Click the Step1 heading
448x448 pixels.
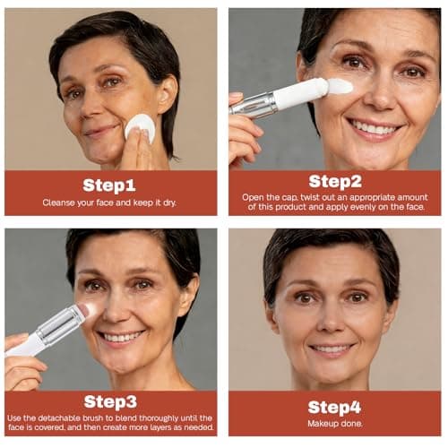click(x=109, y=185)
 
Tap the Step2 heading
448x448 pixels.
click(x=334, y=181)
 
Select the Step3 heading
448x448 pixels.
click(x=109, y=401)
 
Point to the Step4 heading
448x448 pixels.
click(x=334, y=405)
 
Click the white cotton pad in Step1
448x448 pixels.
click(x=141, y=127)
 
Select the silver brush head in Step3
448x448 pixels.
click(x=63, y=323)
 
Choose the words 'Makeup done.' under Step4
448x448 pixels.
click(x=334, y=424)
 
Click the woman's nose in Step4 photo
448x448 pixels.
click(x=332, y=323)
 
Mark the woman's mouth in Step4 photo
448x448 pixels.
click(x=333, y=348)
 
